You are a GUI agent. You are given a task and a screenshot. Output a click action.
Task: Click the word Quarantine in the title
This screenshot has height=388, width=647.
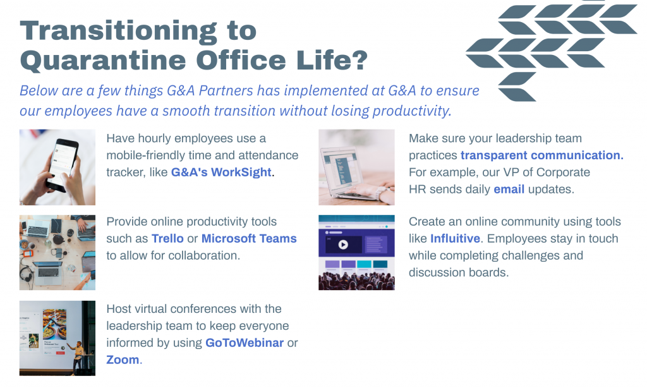pos(103,61)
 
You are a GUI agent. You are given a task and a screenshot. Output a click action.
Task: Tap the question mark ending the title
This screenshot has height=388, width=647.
pos(360,60)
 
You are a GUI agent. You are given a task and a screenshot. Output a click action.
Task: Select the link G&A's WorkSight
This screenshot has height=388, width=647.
pos(221,172)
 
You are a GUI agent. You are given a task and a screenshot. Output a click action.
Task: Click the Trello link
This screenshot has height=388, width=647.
pos(167,239)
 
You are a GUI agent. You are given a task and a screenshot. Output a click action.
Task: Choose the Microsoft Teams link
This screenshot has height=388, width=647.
pos(249,239)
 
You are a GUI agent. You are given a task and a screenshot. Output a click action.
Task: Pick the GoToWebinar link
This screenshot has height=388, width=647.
pos(245,343)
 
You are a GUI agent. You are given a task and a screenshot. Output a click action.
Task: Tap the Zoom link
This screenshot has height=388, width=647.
pos(123,360)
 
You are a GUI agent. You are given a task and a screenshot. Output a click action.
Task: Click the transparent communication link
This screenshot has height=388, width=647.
pos(541,155)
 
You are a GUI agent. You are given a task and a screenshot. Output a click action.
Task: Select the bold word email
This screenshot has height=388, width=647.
pos(509,189)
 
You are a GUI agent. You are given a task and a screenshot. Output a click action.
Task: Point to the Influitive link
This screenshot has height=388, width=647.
pos(455,239)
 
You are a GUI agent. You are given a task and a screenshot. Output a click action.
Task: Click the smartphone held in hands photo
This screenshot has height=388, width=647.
pos(57,167)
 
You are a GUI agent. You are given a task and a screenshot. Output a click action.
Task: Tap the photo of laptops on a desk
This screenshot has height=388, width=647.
pos(57,253)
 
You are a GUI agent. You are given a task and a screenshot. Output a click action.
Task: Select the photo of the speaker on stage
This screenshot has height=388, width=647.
pos(57,338)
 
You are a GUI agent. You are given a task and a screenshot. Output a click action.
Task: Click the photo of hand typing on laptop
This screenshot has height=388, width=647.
pos(356,167)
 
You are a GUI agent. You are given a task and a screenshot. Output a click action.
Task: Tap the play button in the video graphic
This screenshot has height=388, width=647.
pos(343,245)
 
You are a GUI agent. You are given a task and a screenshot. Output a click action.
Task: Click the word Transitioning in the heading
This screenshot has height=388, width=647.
pos(118,32)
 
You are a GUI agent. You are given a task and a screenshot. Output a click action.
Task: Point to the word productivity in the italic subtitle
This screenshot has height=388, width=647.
pos(412,111)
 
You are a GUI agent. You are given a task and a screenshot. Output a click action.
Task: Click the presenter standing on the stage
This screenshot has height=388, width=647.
pos(77,357)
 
